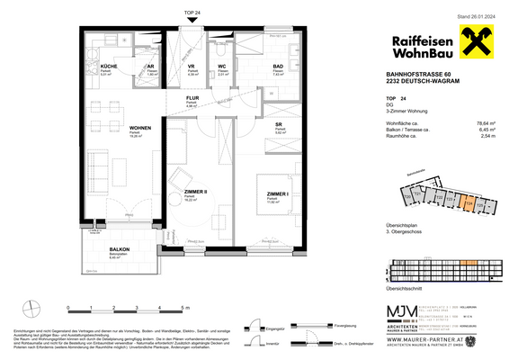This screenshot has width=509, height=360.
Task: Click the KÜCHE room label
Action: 108,67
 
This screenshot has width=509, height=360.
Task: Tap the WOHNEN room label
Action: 113,128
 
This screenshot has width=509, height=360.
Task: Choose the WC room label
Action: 223,67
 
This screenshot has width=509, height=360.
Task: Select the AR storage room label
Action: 151,67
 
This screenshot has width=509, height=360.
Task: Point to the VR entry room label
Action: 192,67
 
